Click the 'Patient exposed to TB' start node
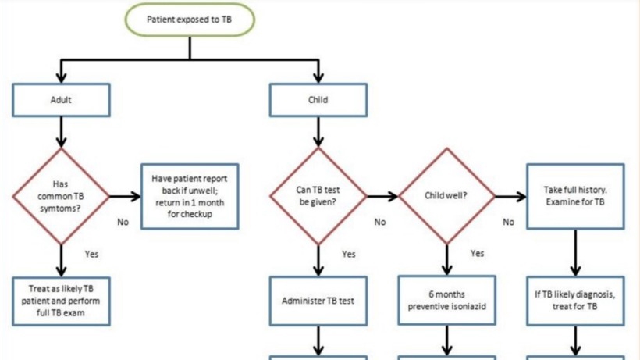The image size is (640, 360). click(x=190, y=20)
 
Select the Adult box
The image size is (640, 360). click(x=61, y=100)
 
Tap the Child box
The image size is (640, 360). click(x=318, y=100)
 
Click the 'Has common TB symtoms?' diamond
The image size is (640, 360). click(x=61, y=196)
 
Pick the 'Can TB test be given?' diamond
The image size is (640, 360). click(x=318, y=196)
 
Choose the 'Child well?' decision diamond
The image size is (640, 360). click(x=447, y=196)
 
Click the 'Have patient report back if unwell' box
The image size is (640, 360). click(x=190, y=196)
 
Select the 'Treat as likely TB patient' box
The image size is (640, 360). click(x=61, y=301)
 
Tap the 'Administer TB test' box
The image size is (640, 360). click(x=318, y=301)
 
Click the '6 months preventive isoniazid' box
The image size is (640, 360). click(x=447, y=301)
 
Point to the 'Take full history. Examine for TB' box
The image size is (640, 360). click(x=575, y=196)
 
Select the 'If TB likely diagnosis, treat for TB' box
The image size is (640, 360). click(x=575, y=301)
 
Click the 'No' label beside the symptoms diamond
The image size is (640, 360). click(x=123, y=222)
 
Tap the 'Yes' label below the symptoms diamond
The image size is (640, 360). click(x=91, y=255)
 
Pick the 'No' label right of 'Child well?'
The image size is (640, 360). click(x=509, y=222)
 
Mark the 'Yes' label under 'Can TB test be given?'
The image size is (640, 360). click(x=349, y=255)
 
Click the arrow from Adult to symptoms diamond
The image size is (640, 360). click(x=61, y=132)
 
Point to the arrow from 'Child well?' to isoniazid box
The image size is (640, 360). click(x=447, y=260)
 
